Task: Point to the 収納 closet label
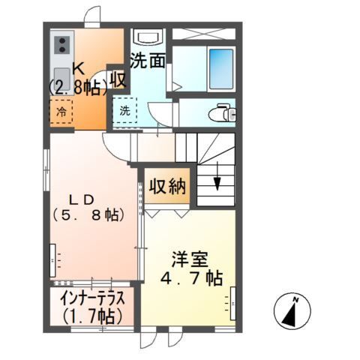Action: [x=166, y=187]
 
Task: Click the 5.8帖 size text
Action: [x=87, y=216]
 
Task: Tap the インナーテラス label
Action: [x=94, y=297]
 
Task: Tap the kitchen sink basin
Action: [x=61, y=77]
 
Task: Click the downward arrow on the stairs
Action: [x=217, y=183]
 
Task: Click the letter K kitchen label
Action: [x=78, y=67]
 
